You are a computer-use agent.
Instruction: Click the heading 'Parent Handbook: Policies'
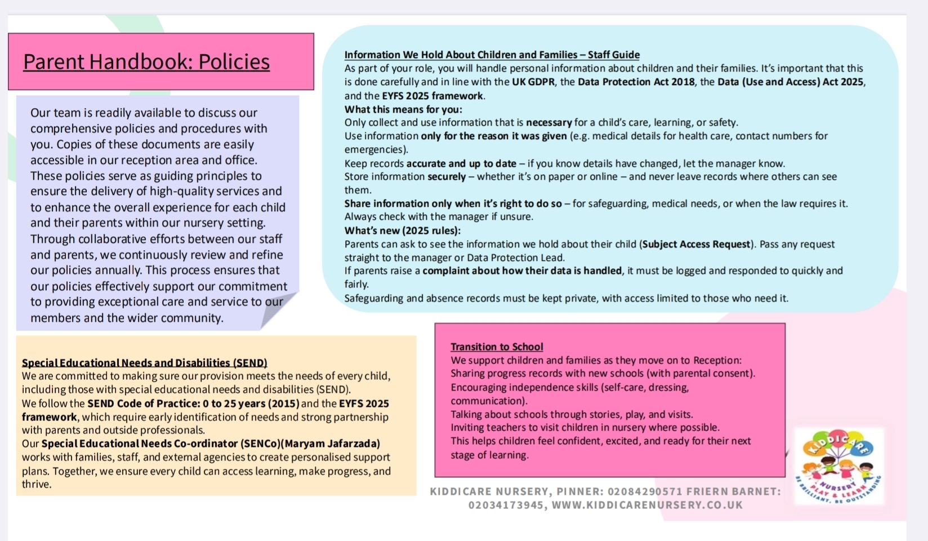(146, 62)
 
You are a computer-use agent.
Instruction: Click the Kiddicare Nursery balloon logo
(838, 465)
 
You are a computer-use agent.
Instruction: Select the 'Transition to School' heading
(497, 347)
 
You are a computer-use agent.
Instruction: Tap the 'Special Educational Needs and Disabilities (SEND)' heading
(145, 363)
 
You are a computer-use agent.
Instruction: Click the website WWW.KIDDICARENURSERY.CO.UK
(647, 505)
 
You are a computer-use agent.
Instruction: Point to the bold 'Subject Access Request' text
(697, 244)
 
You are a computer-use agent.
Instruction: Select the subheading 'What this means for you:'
(403, 109)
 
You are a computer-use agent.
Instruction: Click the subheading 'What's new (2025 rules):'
(403, 230)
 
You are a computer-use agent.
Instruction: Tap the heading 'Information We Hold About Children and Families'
(461, 55)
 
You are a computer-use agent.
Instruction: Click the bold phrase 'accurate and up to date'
(461, 163)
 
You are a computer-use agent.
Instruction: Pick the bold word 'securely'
(447, 176)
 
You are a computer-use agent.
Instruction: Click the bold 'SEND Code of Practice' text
(144, 403)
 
